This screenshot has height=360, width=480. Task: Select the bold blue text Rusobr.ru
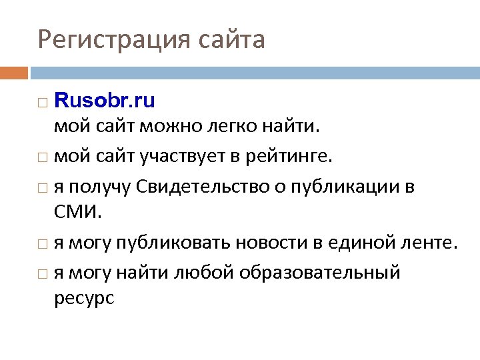point(104,101)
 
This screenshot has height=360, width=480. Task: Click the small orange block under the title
point(14,71)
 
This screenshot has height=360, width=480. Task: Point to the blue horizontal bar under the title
point(254,71)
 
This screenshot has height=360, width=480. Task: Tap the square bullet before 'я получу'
point(43,189)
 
